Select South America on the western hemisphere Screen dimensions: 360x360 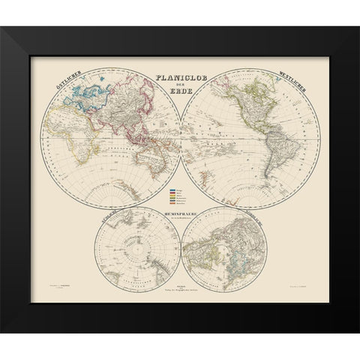point(264,157)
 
